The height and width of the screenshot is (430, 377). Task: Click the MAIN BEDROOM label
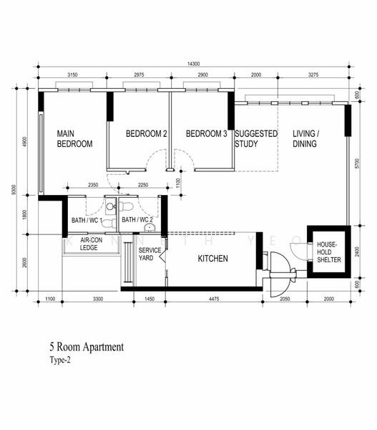point(75,138)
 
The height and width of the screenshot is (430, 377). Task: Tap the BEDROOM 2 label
point(146,134)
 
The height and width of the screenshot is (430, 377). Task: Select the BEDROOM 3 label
point(206,134)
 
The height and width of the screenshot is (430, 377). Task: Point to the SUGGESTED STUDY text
point(255,138)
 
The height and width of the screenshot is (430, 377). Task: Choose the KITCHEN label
point(212,258)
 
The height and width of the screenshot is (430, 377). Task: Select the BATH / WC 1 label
point(87,220)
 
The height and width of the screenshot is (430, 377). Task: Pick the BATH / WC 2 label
point(137,220)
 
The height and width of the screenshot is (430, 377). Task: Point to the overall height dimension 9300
point(14,190)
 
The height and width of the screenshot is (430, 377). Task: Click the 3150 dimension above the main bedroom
point(72,75)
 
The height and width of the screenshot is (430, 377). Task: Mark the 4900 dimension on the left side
point(24,143)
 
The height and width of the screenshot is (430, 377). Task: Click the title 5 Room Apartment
point(87,348)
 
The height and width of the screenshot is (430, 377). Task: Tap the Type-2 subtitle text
point(62,360)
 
